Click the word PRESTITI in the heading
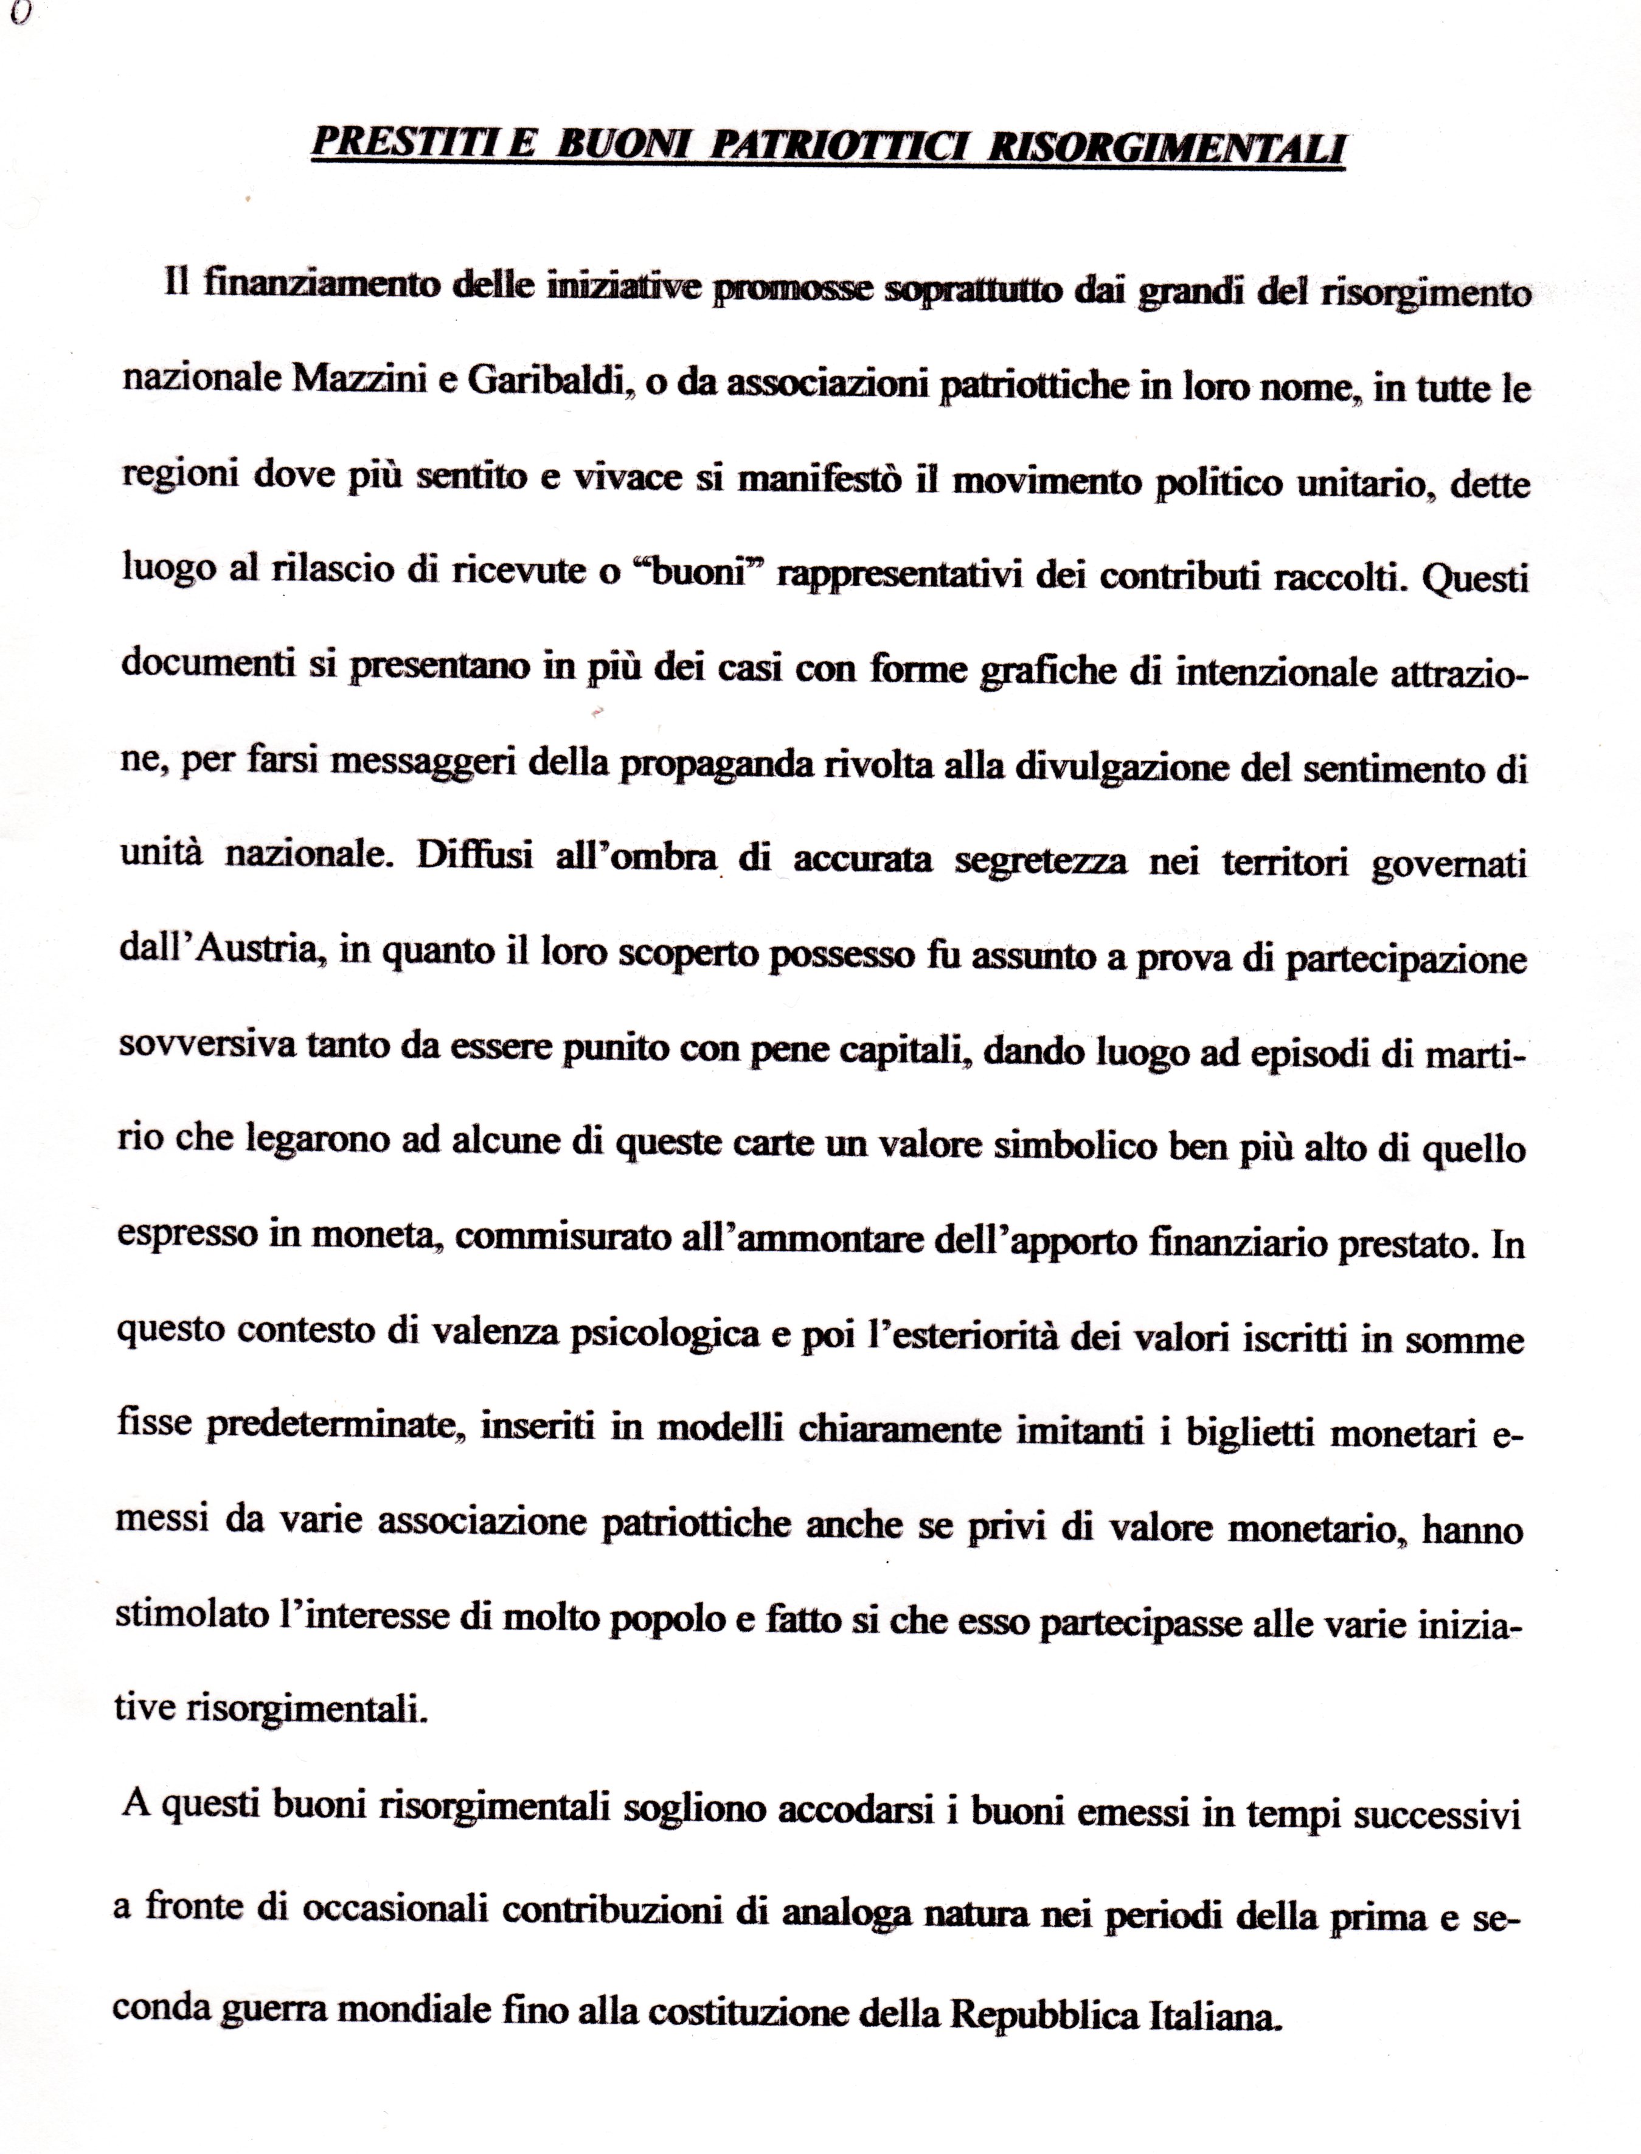400,145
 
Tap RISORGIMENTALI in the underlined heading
1167,148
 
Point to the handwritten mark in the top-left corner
21,13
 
